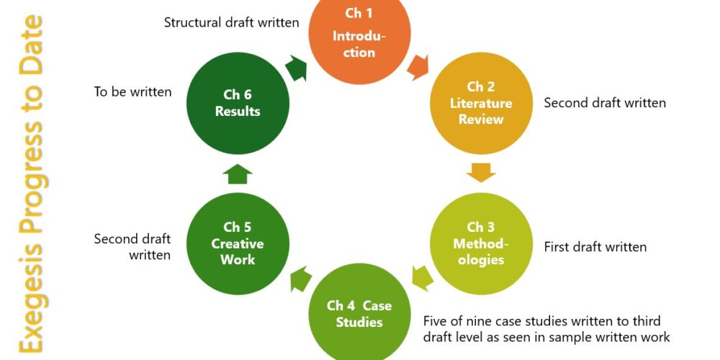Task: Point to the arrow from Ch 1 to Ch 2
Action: point(417,68)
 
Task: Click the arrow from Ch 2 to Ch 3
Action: point(481,173)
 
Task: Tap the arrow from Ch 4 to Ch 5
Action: point(300,279)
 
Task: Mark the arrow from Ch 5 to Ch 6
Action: point(238,174)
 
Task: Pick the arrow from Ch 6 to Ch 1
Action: point(296,68)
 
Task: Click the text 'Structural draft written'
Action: point(231,22)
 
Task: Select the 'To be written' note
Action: point(132,91)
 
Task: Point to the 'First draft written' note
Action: point(595,247)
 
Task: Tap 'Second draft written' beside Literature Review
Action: point(605,103)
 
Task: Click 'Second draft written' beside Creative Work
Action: point(132,246)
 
